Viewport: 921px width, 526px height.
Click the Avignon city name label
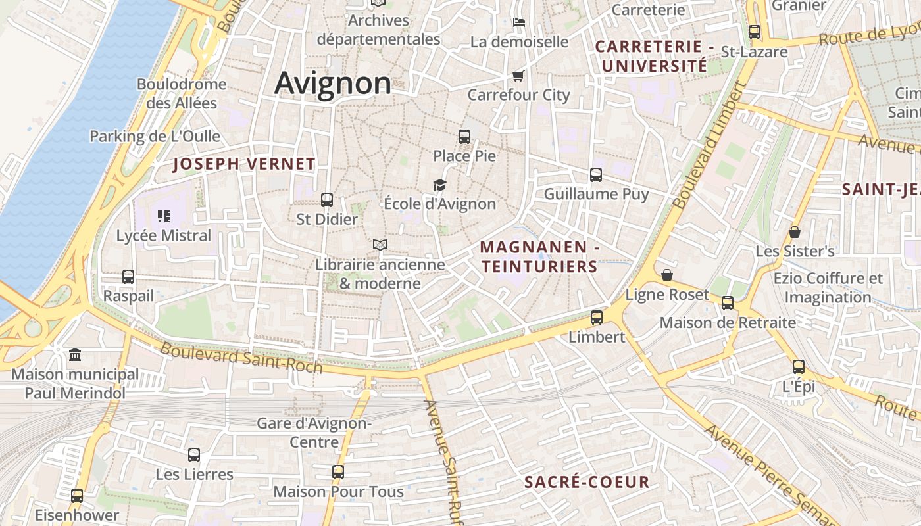[x=332, y=84]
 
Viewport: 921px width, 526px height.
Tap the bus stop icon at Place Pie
[x=464, y=137]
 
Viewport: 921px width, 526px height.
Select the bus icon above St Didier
[x=327, y=200]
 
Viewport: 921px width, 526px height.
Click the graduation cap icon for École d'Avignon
[x=439, y=185]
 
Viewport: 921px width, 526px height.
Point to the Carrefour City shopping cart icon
[x=518, y=76]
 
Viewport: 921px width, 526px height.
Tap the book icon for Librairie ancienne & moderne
[x=380, y=245]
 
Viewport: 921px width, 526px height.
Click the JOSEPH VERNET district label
[x=244, y=164]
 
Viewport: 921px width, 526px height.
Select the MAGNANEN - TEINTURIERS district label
[x=539, y=257]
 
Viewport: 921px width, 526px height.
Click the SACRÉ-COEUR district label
[x=587, y=482]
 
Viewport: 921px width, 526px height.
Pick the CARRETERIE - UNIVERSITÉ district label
[x=655, y=57]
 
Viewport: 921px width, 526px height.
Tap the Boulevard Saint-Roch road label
[x=241, y=358]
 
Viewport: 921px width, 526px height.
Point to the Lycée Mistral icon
[x=164, y=216]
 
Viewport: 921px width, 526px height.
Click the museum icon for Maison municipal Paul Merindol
[x=75, y=355]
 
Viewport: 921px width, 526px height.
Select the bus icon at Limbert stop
[x=597, y=318]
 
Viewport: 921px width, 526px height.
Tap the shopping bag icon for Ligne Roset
[x=667, y=275]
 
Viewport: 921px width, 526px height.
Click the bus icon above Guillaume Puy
[x=596, y=175]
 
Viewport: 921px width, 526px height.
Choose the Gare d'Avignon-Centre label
[x=314, y=432]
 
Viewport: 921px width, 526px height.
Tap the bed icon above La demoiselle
[x=519, y=22]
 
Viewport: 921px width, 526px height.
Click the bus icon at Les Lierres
[x=194, y=454]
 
